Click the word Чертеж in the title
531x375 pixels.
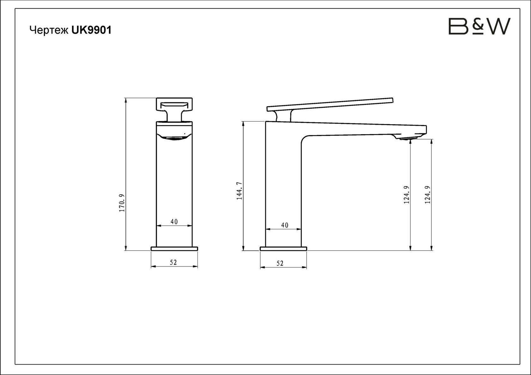pyautogui.click(x=49, y=30)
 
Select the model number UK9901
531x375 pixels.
pyautogui.click(x=91, y=30)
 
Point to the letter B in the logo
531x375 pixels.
pyautogui.click(x=458, y=26)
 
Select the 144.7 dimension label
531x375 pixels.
pyautogui.click(x=239, y=191)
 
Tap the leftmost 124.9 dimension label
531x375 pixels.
pyautogui.click(x=406, y=195)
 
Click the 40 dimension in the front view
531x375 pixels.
pyautogui.click(x=174, y=222)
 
